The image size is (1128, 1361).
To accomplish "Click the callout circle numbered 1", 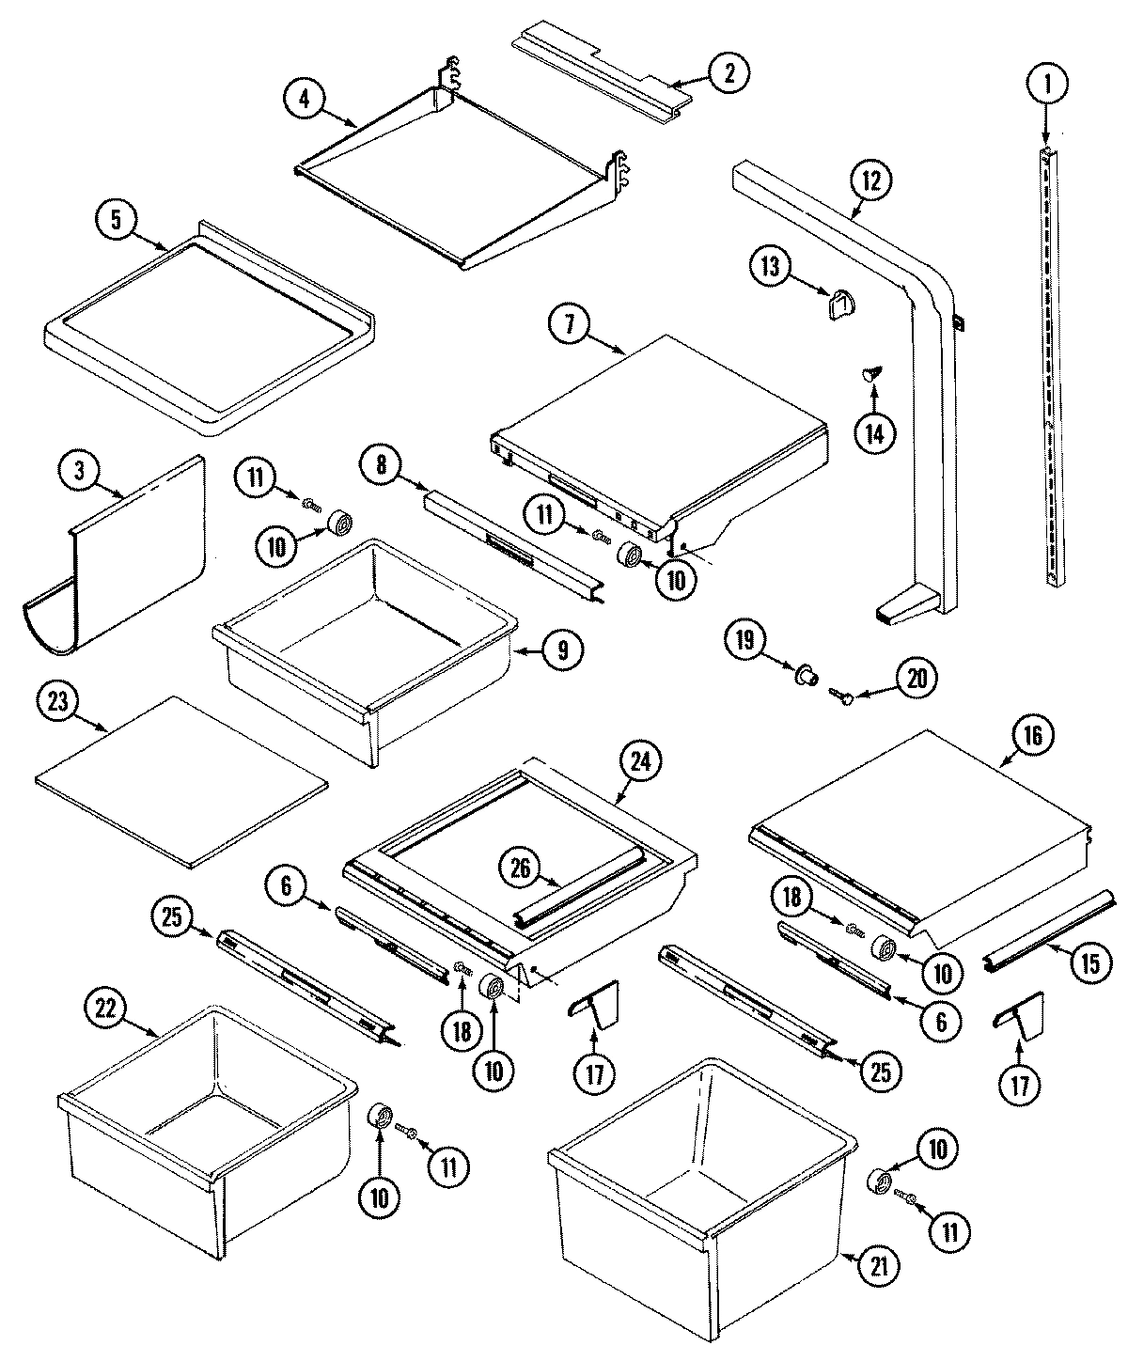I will click(x=1046, y=86).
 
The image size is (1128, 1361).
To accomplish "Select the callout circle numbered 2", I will click(x=728, y=73).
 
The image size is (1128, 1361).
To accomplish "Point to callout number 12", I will click(x=871, y=180).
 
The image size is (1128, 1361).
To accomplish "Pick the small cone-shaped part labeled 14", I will click(x=870, y=376).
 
